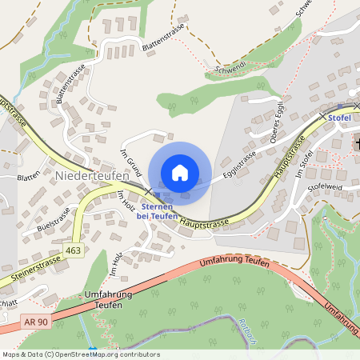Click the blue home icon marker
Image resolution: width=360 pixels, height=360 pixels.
coord(180,173)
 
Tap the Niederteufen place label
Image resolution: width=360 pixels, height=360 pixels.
coord(87,174)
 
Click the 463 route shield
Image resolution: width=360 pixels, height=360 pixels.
coord(74,250)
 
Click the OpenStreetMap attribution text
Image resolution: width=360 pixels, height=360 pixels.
coord(80,354)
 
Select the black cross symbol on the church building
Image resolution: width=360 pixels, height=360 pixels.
coord(357,143)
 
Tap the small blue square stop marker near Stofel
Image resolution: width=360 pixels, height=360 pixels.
coord(339,106)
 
